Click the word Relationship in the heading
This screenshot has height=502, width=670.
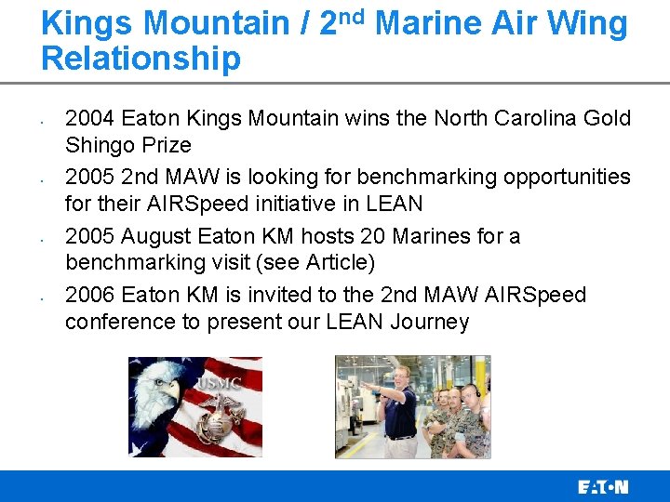[141, 59]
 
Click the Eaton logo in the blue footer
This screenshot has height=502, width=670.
[603, 486]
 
